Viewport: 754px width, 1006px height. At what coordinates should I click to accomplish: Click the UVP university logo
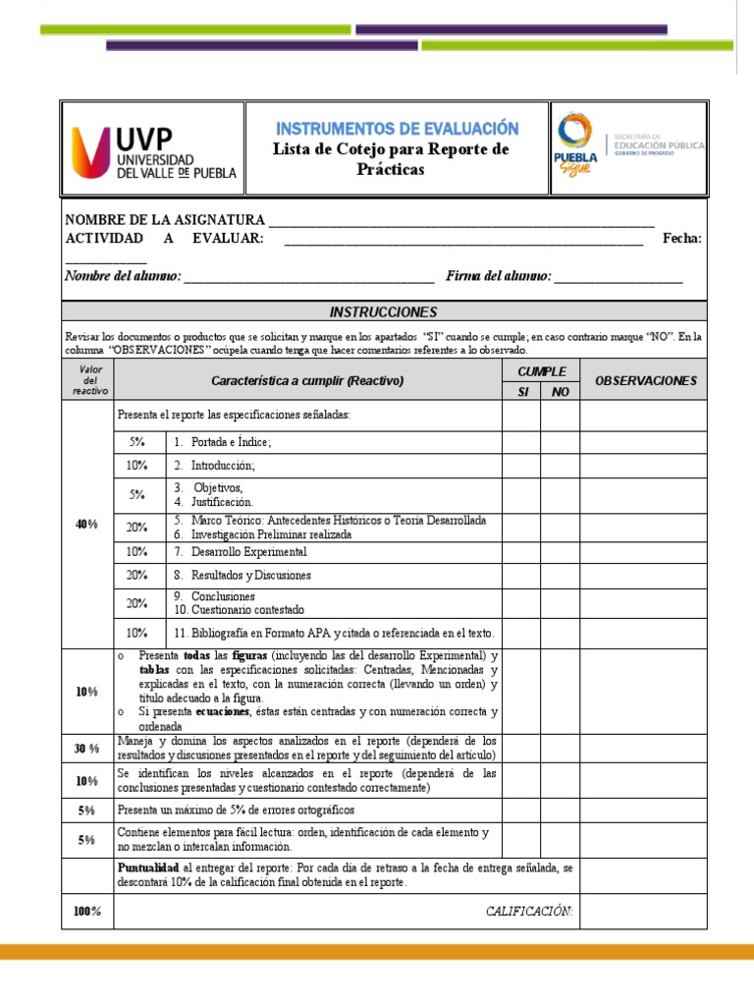[152, 149]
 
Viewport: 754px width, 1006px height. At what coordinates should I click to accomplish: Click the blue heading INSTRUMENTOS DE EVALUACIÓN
[397, 129]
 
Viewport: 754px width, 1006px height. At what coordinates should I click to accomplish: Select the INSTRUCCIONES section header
[383, 312]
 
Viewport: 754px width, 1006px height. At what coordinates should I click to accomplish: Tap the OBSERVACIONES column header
[646, 380]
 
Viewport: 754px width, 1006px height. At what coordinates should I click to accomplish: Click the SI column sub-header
[522, 392]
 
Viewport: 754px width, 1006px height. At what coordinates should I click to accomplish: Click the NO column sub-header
[560, 392]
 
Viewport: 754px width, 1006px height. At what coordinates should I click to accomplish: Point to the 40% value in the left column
[87, 525]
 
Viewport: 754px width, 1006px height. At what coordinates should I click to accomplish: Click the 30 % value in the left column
[87, 749]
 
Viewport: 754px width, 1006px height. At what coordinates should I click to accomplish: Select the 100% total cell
[87, 912]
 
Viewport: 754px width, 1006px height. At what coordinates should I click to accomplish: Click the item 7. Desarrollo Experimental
[241, 552]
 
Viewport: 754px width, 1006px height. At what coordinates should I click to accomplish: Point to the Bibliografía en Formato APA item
[334, 633]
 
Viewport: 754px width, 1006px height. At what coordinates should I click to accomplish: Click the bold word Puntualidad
[147, 868]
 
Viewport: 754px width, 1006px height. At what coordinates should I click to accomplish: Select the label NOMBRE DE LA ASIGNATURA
[164, 220]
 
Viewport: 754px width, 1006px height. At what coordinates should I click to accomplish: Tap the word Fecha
[681, 239]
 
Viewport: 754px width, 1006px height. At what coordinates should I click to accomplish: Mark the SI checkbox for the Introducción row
[522, 466]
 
